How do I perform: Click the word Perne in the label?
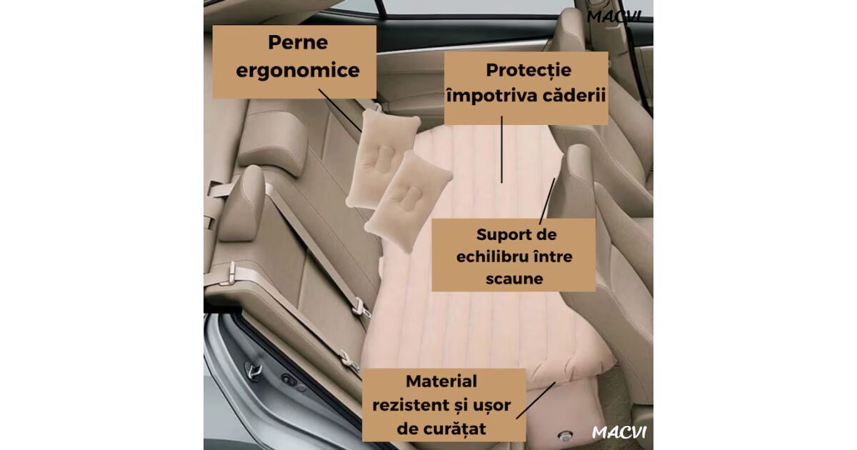(x=298, y=42)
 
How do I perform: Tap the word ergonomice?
(x=298, y=71)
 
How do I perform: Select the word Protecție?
(x=528, y=71)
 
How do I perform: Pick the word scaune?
(x=514, y=278)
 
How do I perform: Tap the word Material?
(x=441, y=381)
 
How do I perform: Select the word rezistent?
(x=409, y=405)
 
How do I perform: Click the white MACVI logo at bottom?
(x=619, y=432)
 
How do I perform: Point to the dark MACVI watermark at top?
(x=613, y=17)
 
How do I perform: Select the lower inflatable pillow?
(x=409, y=201)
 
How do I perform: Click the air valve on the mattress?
(x=565, y=436)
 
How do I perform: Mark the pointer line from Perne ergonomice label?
(x=340, y=111)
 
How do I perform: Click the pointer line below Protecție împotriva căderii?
(x=501, y=149)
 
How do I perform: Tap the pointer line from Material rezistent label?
(x=536, y=400)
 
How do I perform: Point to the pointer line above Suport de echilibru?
(x=547, y=201)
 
